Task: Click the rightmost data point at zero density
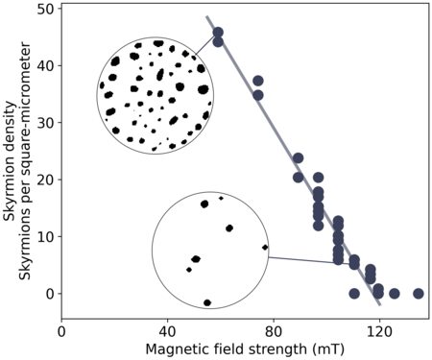(418, 294)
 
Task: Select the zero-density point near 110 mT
(354, 294)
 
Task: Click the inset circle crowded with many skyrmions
(156, 96)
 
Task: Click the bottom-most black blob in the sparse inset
(207, 302)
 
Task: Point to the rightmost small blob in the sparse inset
(265, 248)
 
